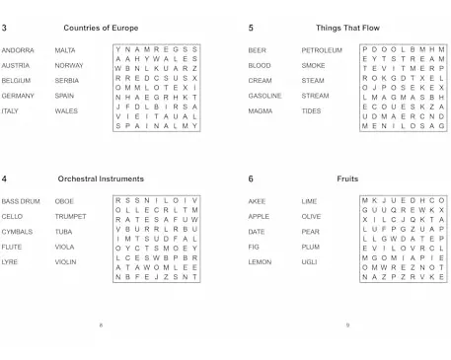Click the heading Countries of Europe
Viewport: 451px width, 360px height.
click(101, 28)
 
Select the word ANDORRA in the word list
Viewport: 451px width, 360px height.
click(18, 49)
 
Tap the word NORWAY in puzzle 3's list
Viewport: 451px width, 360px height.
click(70, 65)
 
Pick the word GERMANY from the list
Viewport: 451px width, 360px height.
click(18, 96)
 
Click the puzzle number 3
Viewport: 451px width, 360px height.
click(5, 28)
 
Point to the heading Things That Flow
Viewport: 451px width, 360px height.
click(346, 28)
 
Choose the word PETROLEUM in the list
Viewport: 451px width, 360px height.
click(322, 49)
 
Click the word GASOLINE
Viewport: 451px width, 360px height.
click(265, 96)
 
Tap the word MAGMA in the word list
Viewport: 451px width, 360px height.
click(261, 111)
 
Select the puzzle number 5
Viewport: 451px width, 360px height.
click(251, 28)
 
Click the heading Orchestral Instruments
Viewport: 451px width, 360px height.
click(101, 179)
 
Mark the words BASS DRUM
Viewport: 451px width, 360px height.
click(21, 201)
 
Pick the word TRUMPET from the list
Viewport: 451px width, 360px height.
click(71, 216)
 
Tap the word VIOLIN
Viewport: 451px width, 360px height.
click(66, 262)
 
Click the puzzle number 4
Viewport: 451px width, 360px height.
click(5, 179)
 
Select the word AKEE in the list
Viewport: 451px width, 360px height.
click(258, 201)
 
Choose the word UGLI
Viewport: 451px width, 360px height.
click(309, 262)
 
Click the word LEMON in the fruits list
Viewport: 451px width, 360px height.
click(260, 262)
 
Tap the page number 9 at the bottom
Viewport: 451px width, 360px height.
click(347, 324)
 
